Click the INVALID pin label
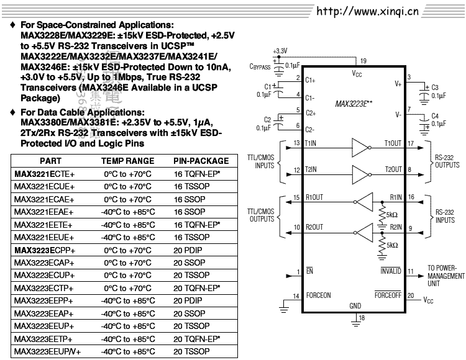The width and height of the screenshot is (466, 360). click(391, 272)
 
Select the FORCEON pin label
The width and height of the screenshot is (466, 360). click(318, 295)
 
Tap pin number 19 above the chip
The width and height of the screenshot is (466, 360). click(363, 61)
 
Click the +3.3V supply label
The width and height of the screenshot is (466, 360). click(280, 50)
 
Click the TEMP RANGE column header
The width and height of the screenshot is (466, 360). click(127, 161)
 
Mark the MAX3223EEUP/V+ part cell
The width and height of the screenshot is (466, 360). click(47, 352)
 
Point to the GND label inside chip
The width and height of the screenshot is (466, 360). click(355, 306)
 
